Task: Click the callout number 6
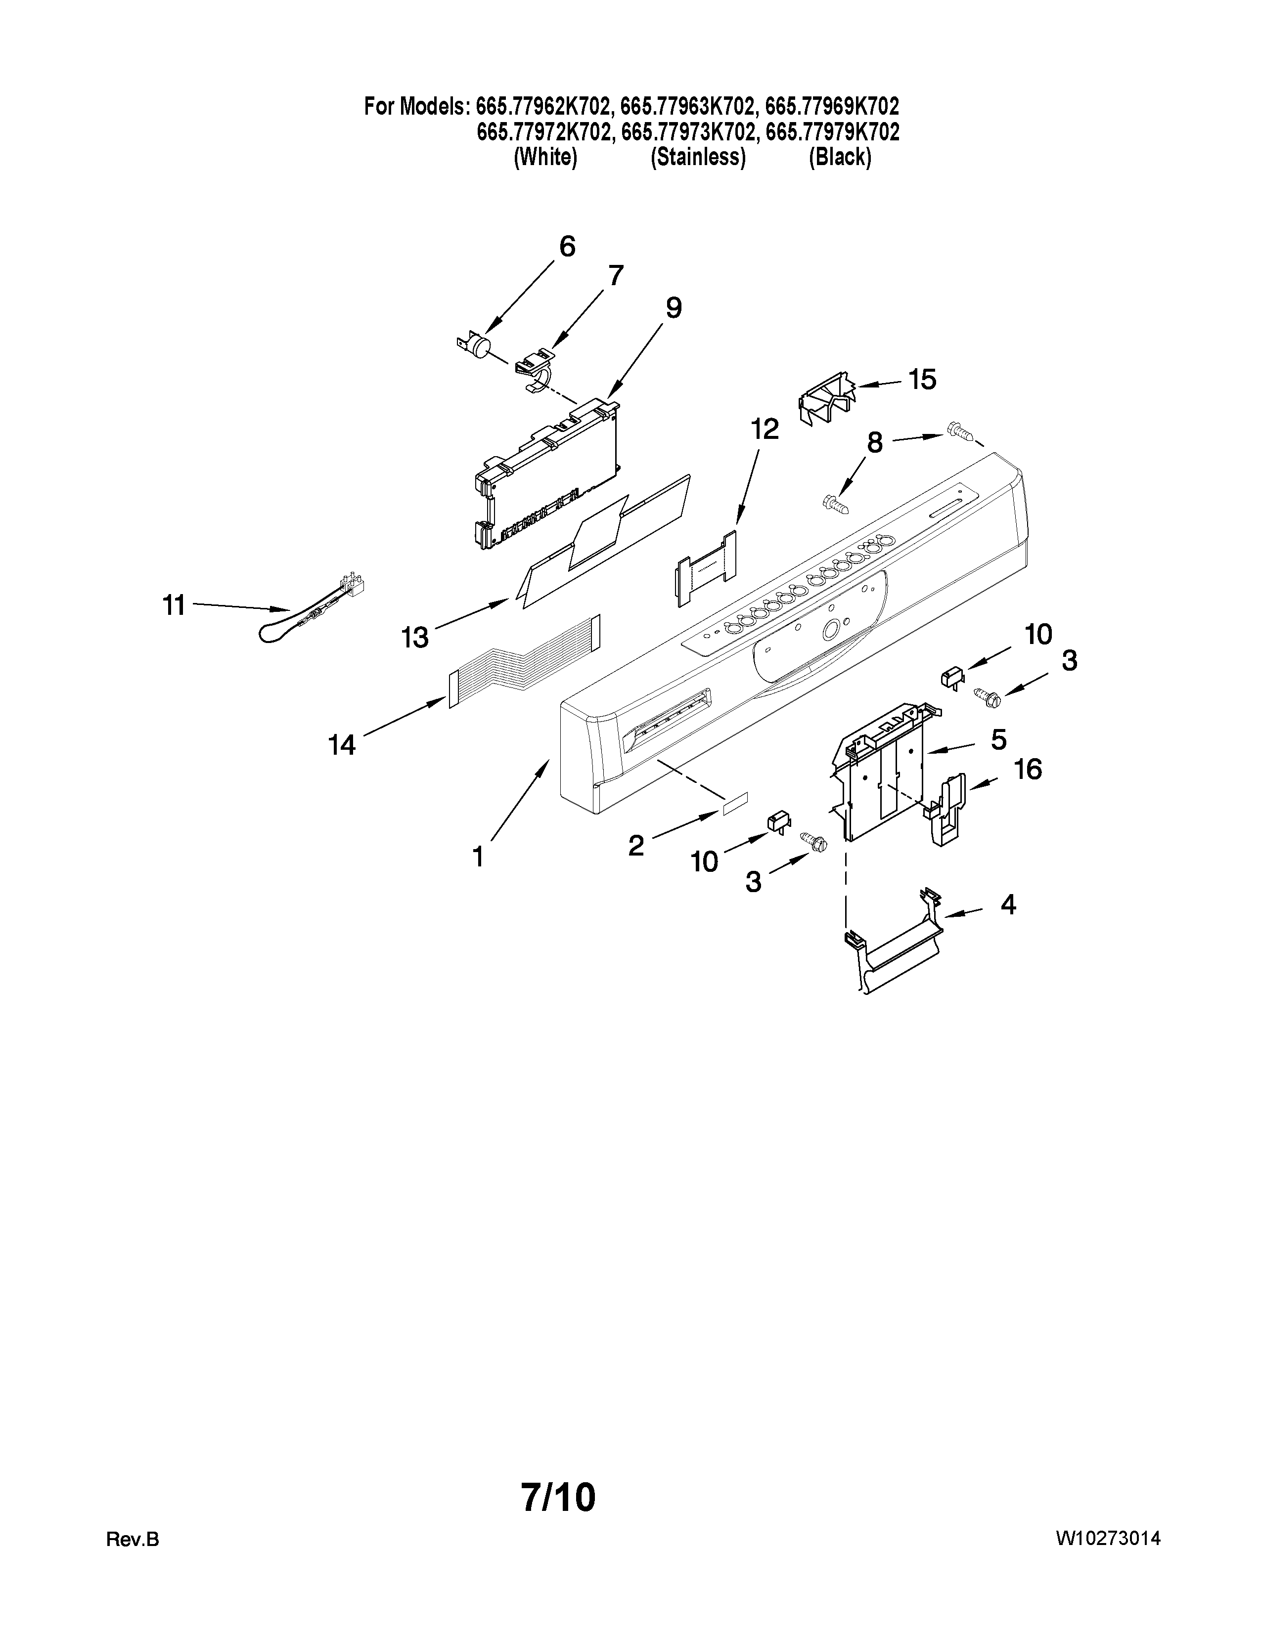tap(567, 247)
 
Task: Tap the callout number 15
tap(923, 380)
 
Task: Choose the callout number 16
tap(1028, 769)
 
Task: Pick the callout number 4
tap(1008, 905)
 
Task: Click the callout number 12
tap(764, 429)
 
